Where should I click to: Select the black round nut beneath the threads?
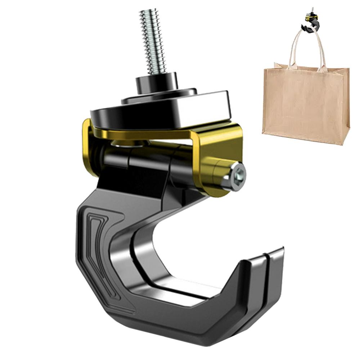157,82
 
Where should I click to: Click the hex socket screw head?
239,176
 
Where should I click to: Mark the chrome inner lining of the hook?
130,252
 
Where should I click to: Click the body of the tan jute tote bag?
306,104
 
